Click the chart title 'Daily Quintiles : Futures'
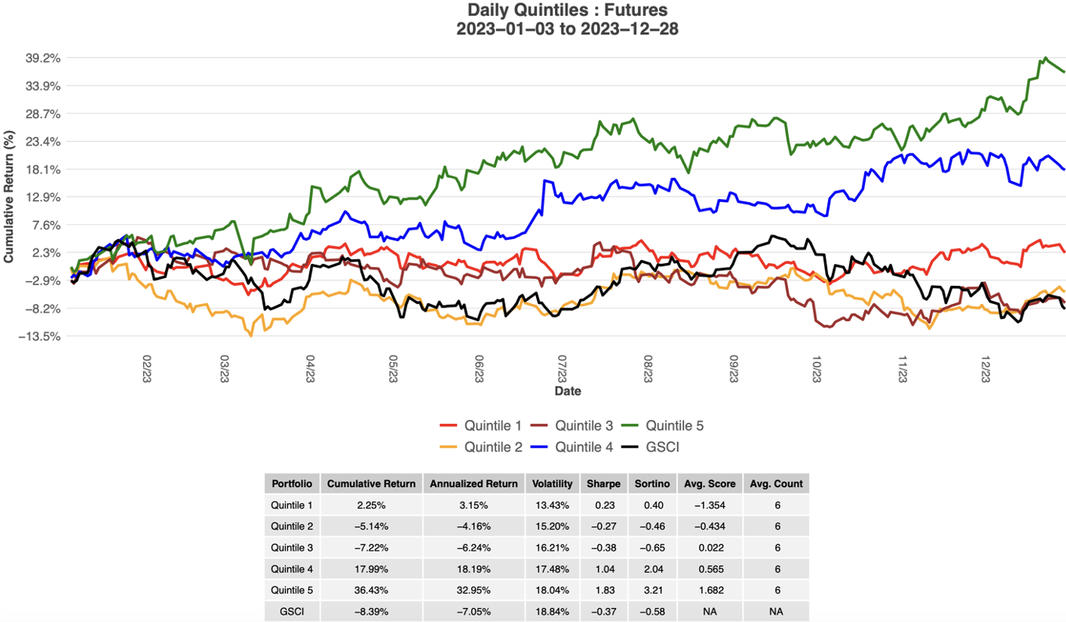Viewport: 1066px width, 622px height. point(567,10)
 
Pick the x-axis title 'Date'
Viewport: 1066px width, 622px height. point(567,390)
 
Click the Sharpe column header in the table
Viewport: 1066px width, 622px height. point(603,483)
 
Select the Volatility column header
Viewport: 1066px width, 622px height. point(553,483)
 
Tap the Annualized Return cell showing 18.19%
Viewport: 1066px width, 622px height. point(474,569)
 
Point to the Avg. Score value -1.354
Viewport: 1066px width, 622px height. point(708,505)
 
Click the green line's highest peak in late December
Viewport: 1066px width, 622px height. point(1046,58)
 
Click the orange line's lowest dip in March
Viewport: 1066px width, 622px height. point(251,335)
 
